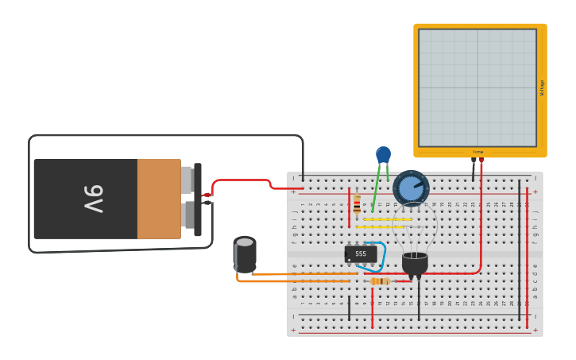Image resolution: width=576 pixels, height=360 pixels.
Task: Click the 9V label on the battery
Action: pyautogui.click(x=92, y=199)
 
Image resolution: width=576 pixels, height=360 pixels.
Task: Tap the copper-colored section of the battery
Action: pyautogui.click(x=159, y=199)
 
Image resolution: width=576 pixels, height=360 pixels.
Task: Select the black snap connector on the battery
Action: pyautogui.click(x=198, y=199)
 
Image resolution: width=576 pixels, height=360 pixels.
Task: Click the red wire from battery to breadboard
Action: pyautogui.click(x=242, y=180)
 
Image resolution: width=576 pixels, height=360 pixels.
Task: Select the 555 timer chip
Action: pyautogui.click(x=360, y=254)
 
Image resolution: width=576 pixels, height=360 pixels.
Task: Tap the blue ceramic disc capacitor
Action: pyautogui.click(x=383, y=154)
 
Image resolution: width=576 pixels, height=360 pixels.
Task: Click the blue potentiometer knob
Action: pyautogui.click(x=411, y=188)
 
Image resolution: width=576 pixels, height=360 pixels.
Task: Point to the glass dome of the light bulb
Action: pyautogui.click(x=415, y=226)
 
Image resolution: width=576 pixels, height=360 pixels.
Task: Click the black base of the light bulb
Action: pyautogui.click(x=415, y=263)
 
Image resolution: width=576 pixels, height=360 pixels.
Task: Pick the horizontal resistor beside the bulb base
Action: pyautogui.click(x=380, y=281)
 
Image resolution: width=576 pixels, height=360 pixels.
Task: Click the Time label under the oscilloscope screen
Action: pyautogui.click(x=477, y=152)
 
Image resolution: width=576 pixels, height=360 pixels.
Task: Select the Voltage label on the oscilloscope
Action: pyautogui.click(x=542, y=87)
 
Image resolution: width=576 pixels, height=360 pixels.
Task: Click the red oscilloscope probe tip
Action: pyautogui.click(x=481, y=161)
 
